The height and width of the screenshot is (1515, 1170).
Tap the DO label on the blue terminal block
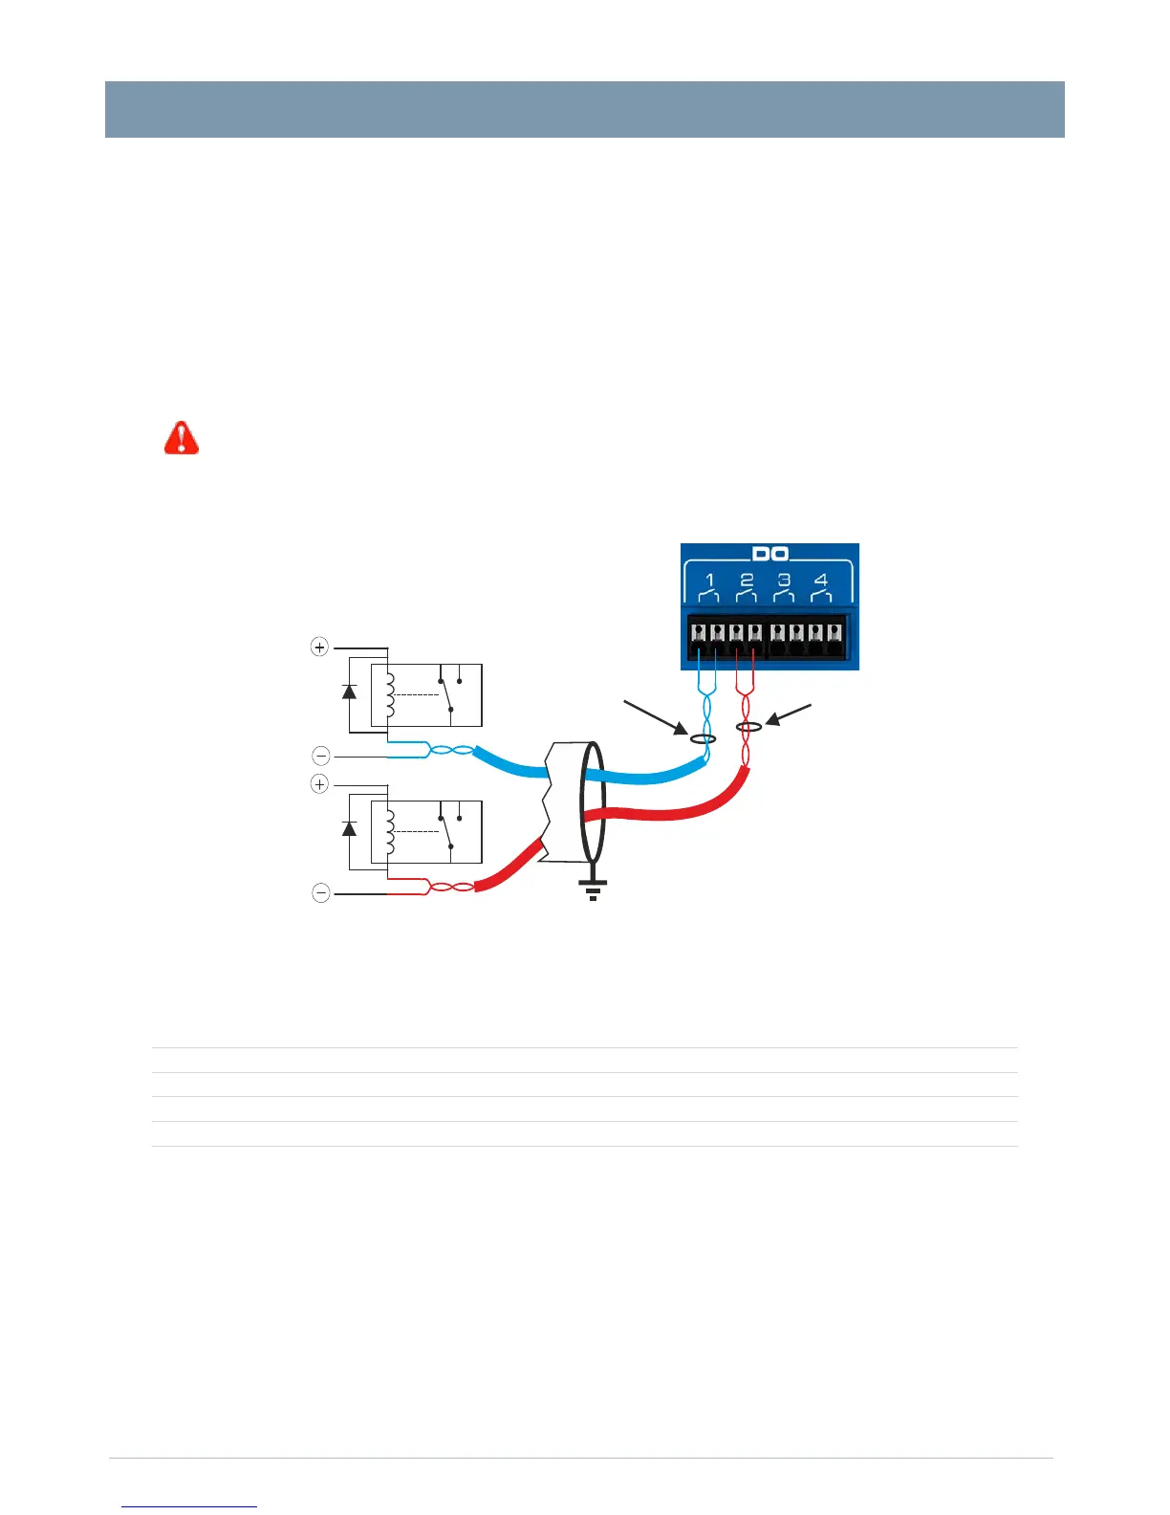click(x=769, y=554)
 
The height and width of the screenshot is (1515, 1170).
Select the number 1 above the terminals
click(x=709, y=580)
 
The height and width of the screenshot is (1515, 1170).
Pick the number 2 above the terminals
click(x=747, y=580)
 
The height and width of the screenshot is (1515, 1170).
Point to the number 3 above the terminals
click(x=784, y=580)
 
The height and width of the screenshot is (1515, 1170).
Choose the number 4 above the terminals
click(x=820, y=580)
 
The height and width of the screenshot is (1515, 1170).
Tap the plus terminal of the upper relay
click(x=319, y=648)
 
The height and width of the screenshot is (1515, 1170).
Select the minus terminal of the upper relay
click(x=321, y=756)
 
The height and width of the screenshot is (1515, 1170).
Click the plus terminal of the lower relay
click(x=319, y=784)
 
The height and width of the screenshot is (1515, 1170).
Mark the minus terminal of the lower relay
click(x=321, y=893)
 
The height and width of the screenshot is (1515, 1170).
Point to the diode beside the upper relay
click(x=349, y=691)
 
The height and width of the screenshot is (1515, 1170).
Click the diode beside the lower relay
click(x=349, y=828)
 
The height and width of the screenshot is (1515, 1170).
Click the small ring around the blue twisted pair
click(x=704, y=738)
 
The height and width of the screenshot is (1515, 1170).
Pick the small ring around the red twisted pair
click(x=748, y=728)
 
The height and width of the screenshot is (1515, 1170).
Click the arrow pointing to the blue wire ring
click(x=656, y=719)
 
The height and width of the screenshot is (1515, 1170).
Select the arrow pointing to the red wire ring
click(x=789, y=714)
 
